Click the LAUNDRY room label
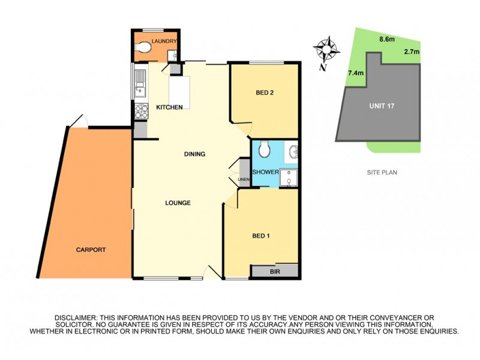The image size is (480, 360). click(164, 41)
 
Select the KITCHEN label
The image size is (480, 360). click(169, 107)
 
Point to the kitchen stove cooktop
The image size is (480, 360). click(140, 110)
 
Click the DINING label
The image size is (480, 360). click(194, 154)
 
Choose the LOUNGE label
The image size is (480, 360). click(178, 203)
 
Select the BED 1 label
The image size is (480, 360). click(260, 236)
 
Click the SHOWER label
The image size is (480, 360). click(265, 172)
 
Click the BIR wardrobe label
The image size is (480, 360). click(275, 272)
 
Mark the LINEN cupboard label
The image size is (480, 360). click(244, 179)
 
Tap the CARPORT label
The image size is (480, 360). click(91, 250)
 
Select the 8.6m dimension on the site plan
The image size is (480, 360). click(387, 40)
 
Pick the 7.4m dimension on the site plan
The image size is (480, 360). click(355, 73)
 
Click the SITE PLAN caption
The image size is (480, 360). click(382, 172)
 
